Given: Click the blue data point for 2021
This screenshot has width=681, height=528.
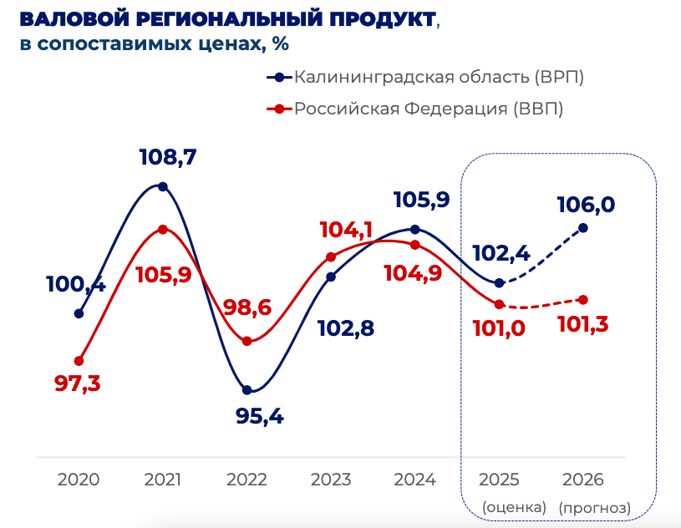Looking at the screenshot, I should click(x=163, y=186).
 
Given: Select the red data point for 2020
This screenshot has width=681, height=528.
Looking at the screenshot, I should click(x=79, y=361).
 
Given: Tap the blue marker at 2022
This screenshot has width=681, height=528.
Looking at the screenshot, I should click(x=246, y=389).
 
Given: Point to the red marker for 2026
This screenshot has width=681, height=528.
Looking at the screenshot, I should click(x=583, y=299).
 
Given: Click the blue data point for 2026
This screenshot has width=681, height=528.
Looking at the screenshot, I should click(x=583, y=227).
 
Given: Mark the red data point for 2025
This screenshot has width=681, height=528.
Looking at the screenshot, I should click(x=499, y=304).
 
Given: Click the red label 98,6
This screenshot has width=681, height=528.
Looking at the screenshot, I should click(x=247, y=307).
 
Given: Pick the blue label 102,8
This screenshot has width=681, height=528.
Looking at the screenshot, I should click(x=345, y=327).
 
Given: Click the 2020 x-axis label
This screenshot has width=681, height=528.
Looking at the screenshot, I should click(x=79, y=480).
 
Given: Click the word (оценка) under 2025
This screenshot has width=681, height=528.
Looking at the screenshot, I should click(x=514, y=507).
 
